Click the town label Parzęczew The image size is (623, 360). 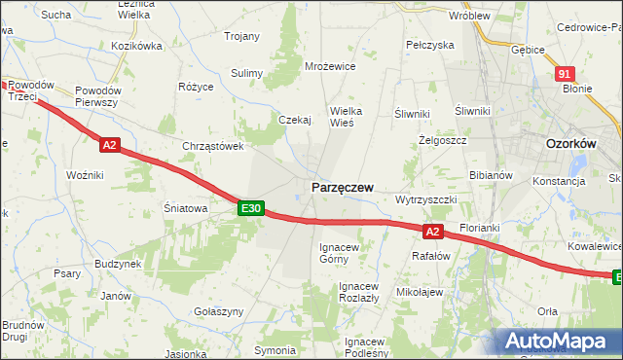tap(342, 187)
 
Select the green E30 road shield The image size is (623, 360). tap(251, 208)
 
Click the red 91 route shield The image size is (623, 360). tap(566, 74)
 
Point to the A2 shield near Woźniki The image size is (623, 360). tap(109, 145)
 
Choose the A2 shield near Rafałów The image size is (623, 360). tap(434, 232)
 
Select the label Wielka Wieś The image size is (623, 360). tap(346, 117)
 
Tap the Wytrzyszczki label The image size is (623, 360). tap(425, 198)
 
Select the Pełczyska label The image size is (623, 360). tap(430, 45)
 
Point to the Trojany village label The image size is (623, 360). tap(242, 36)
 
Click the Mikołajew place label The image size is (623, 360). tap(421, 292)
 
